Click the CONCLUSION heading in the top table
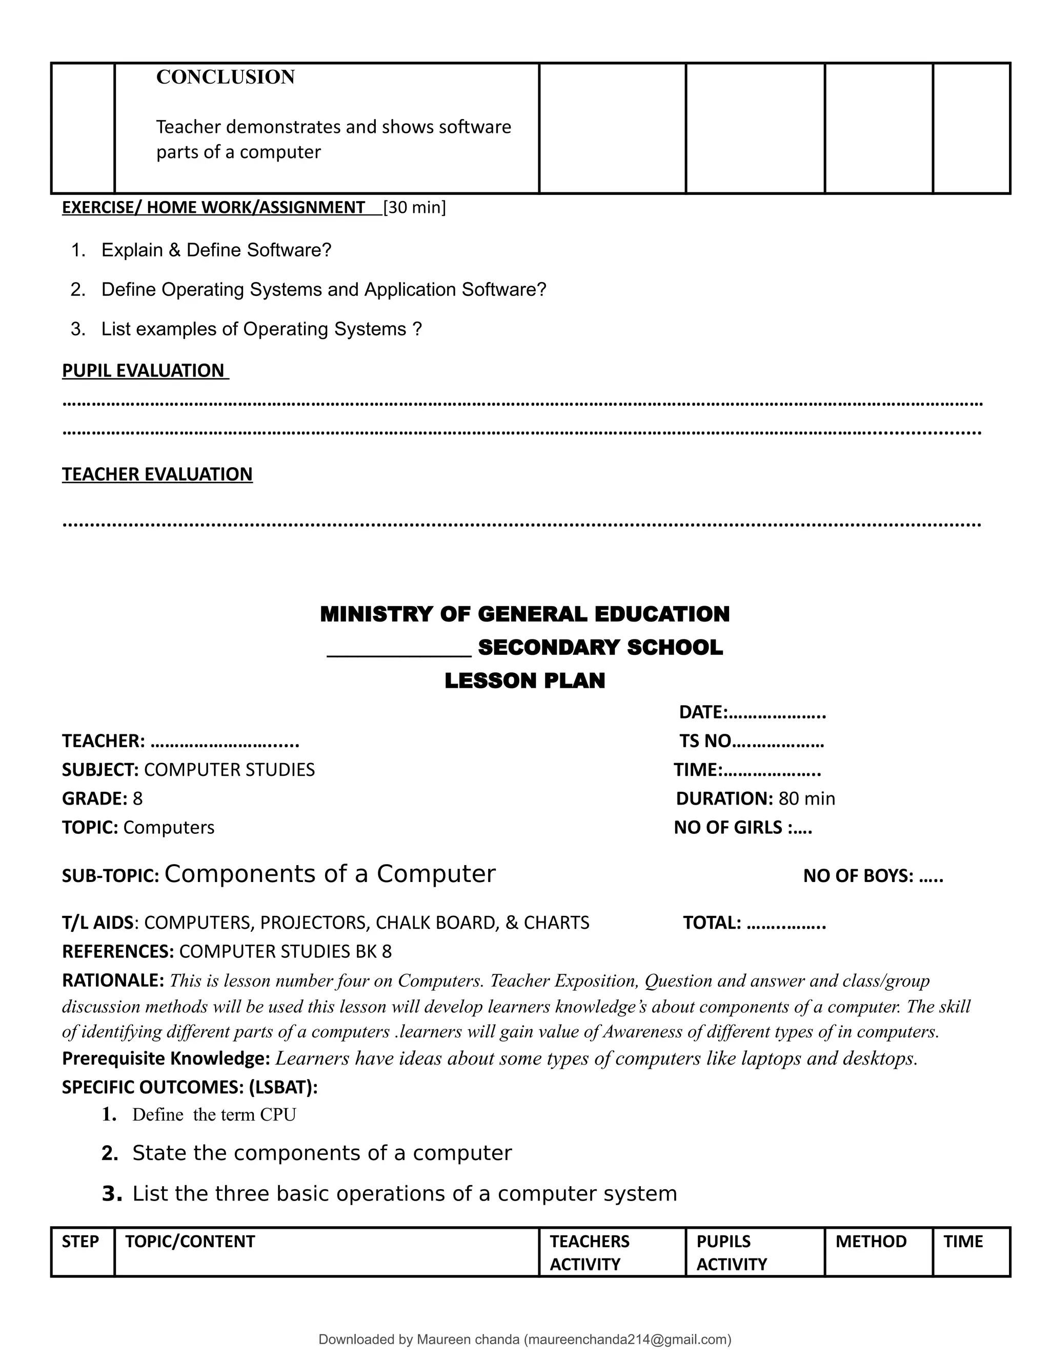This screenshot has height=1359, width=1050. (225, 77)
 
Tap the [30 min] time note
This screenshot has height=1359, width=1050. (414, 207)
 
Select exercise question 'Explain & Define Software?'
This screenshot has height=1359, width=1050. (216, 250)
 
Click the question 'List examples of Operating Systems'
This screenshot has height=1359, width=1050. (261, 329)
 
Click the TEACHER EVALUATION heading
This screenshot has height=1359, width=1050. (157, 474)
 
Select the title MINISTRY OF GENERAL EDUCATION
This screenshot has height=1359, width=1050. (524, 614)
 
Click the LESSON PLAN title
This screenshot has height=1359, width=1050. (524, 681)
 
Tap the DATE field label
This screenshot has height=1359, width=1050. (703, 712)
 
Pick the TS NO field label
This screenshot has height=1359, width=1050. (705, 741)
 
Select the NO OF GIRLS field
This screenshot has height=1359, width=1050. (743, 828)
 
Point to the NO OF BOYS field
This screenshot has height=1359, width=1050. (873, 876)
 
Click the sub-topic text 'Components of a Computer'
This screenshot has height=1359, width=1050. (330, 874)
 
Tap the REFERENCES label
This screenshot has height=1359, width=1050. (117, 951)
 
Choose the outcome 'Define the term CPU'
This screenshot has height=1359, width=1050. (214, 1114)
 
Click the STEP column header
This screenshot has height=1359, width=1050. (80, 1242)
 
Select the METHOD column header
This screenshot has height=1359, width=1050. (871, 1242)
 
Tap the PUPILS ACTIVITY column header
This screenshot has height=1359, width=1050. (732, 1253)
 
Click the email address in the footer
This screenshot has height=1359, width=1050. (628, 1340)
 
